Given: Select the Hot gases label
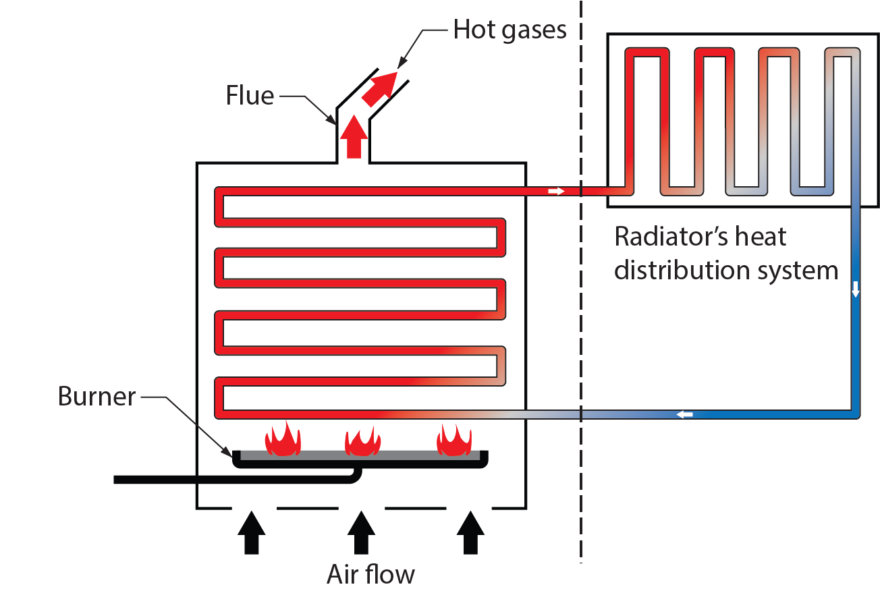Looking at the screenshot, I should pos(510,30).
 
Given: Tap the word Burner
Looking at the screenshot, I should pos(97,396).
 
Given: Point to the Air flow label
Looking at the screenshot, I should pos(370,574).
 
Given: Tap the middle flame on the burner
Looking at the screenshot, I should pos(363,440).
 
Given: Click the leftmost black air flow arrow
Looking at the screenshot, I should pos(251,532).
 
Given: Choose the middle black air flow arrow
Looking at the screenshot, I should pos(361,532).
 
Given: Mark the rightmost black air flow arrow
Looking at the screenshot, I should pos(470,532).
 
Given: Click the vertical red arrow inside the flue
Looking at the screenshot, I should pos(353,137).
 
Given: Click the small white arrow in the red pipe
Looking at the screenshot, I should pos(556,192).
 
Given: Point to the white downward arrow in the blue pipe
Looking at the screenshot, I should pos(856,289).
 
